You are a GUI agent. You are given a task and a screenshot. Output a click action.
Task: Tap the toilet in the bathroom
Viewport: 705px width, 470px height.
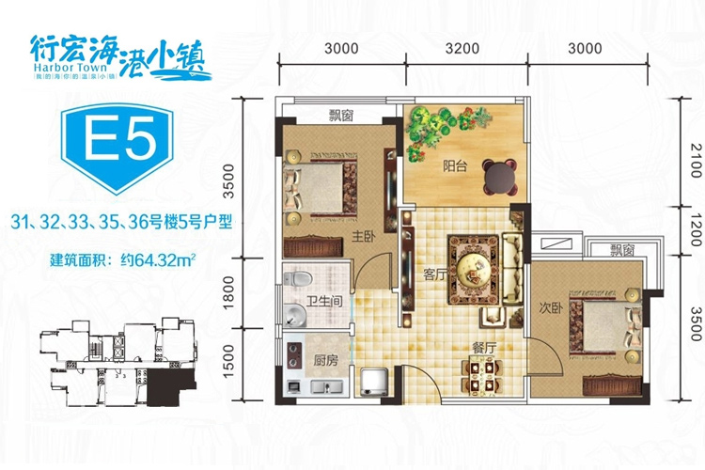click(x=298, y=279)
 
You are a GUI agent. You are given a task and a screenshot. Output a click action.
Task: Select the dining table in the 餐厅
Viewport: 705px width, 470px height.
click(x=482, y=377)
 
